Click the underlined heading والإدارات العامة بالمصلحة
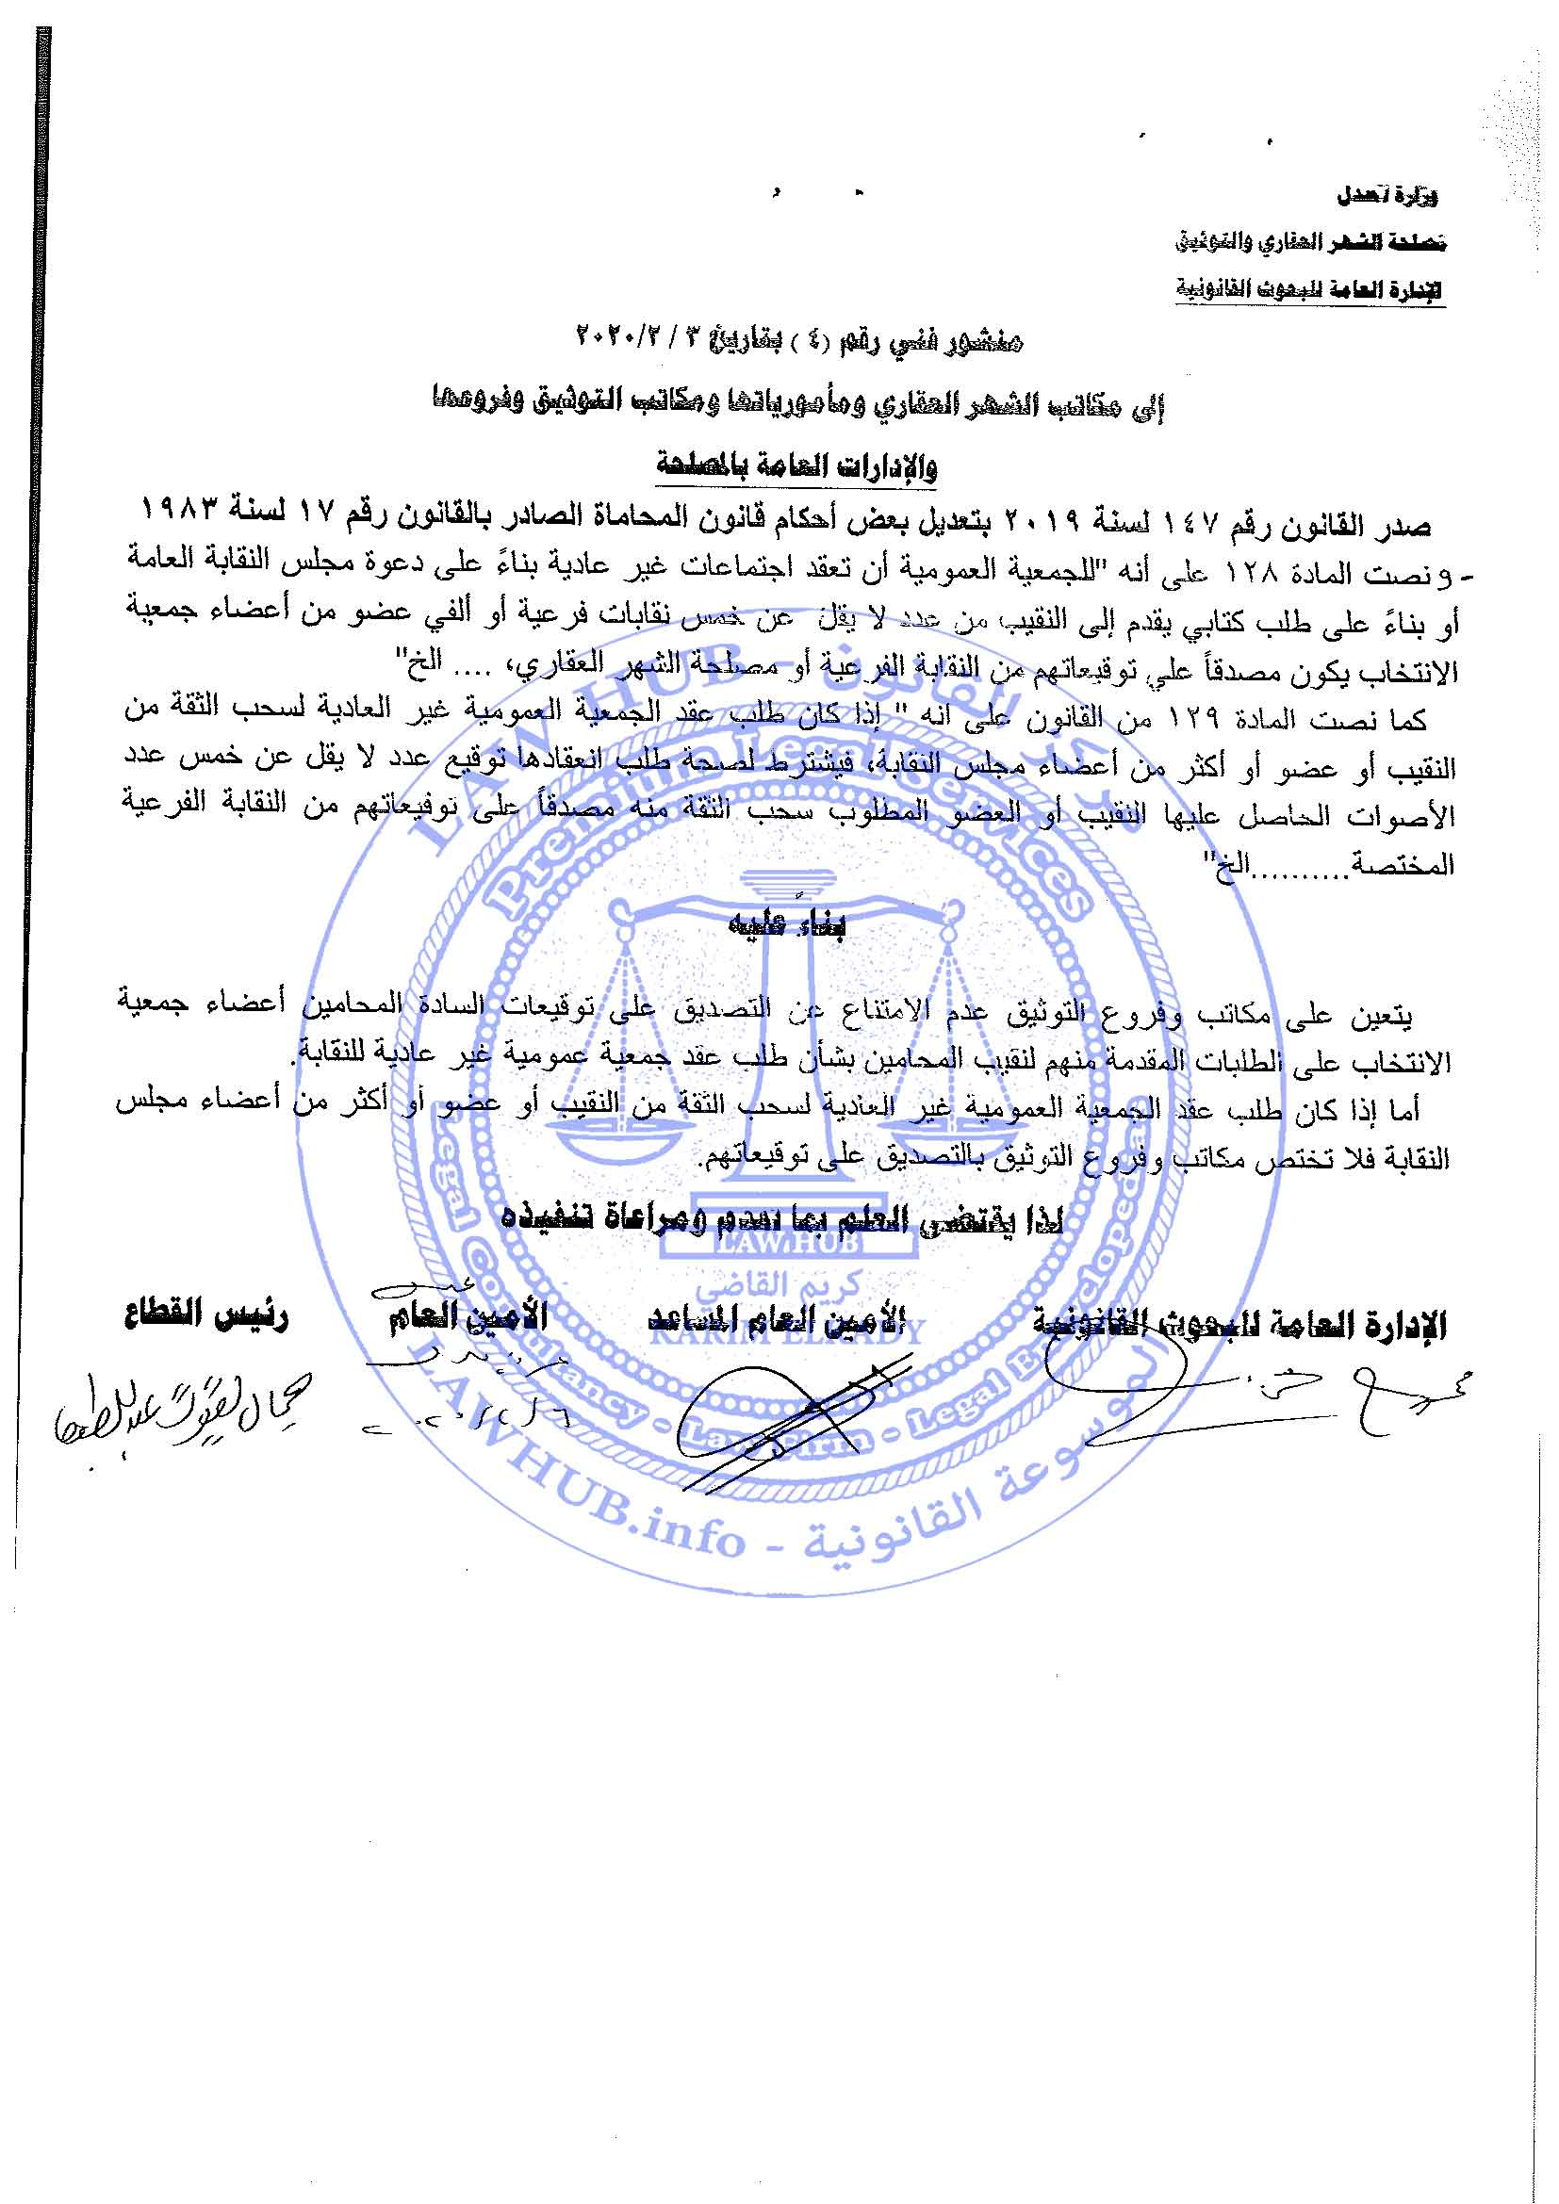(796, 466)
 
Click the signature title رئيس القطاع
(205, 1315)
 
